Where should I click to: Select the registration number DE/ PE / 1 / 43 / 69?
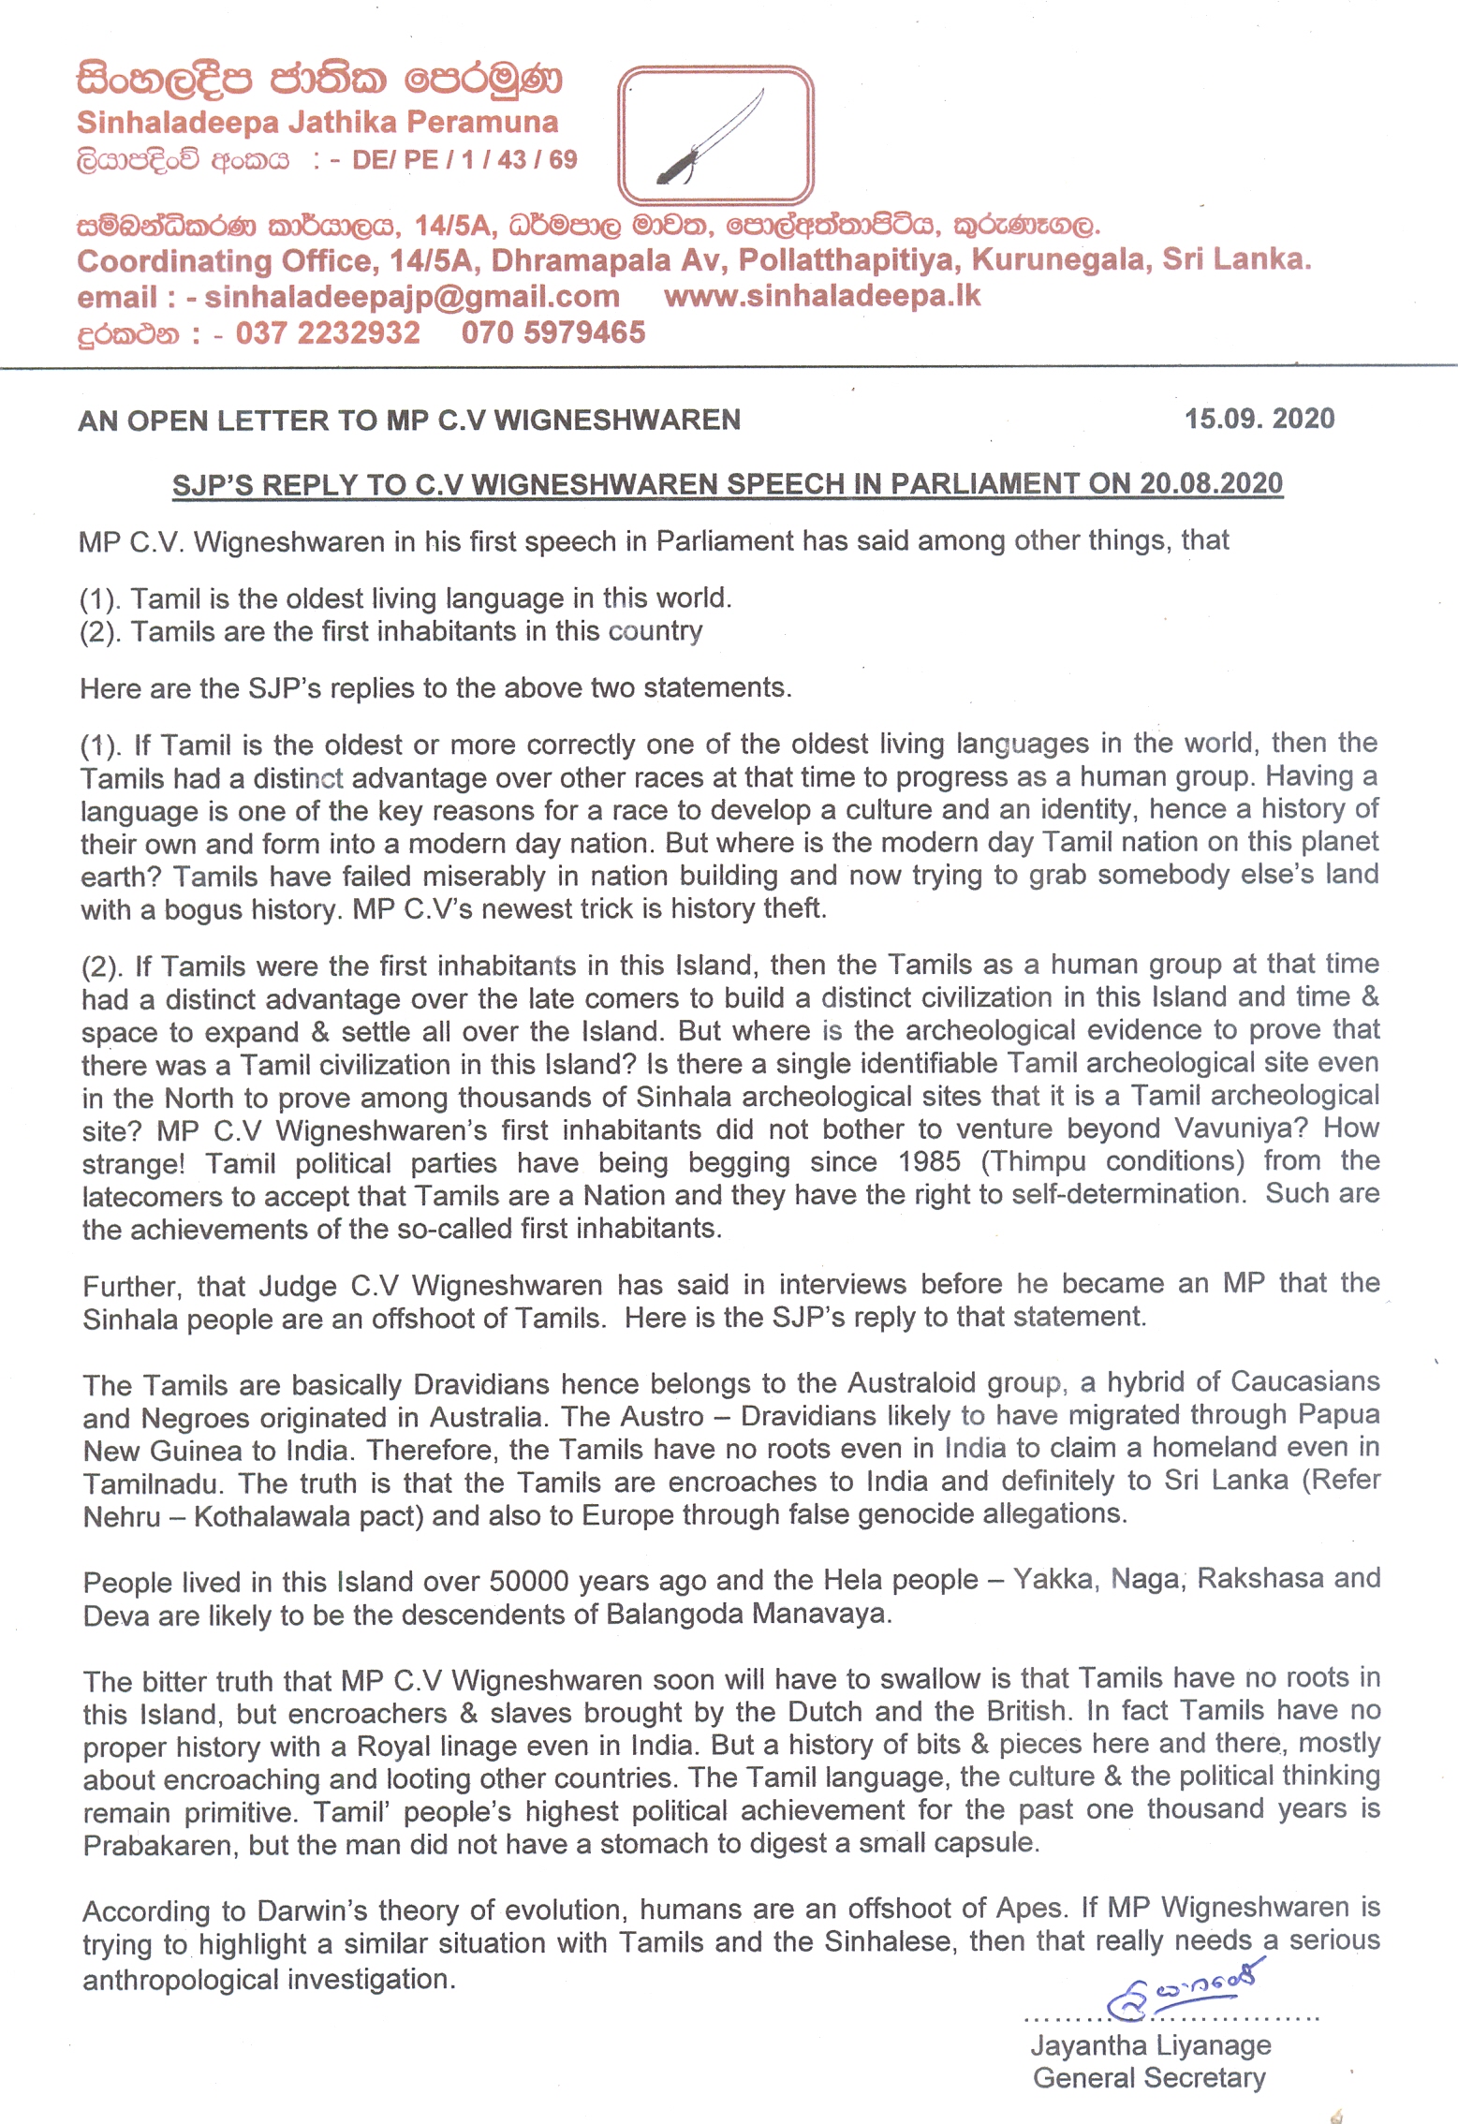coord(464,160)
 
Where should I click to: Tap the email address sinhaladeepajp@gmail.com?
coord(412,297)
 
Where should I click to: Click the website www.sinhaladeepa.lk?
coord(822,296)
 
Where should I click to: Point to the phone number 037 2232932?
coord(328,332)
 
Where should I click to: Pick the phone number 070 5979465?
coord(552,332)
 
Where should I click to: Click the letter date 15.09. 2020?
coord(1259,419)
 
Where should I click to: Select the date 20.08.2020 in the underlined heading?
coord(1211,483)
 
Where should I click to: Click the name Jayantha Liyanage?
coord(1151,2045)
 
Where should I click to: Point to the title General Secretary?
coord(1149,2078)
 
